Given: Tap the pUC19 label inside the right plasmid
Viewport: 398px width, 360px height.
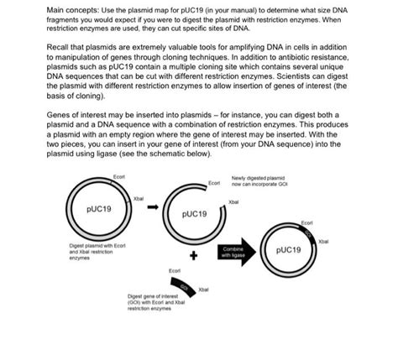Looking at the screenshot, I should pyautogui.click(x=290, y=250).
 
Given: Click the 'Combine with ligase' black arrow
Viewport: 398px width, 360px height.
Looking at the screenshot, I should pyautogui.click(x=235, y=251).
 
